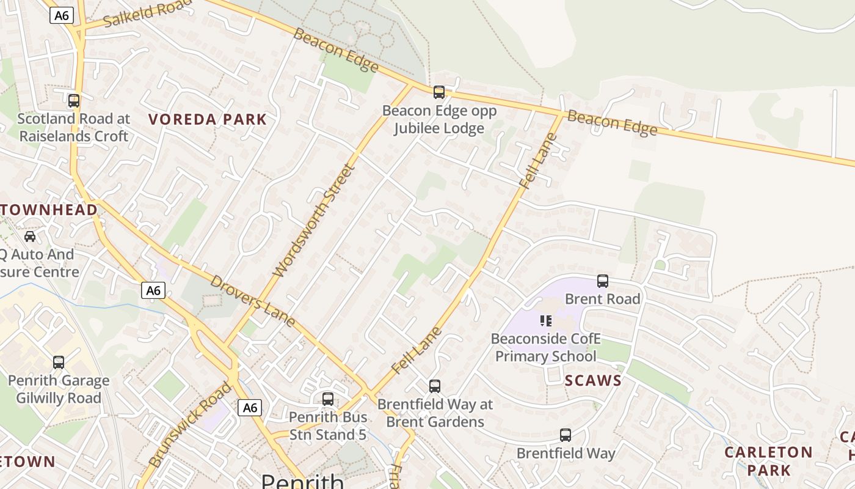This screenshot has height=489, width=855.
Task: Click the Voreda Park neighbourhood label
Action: click(208, 119)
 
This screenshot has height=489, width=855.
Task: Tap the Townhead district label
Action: click(49, 210)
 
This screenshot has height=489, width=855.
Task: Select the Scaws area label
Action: click(592, 381)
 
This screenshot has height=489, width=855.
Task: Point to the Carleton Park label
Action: click(768, 461)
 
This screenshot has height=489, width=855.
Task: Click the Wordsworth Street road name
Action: click(313, 221)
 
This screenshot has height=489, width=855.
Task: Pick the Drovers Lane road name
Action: click(253, 301)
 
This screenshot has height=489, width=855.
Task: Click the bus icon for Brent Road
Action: click(603, 281)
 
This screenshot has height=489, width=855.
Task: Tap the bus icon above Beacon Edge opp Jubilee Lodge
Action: click(439, 92)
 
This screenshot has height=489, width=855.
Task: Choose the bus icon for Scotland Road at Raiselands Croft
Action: click(74, 101)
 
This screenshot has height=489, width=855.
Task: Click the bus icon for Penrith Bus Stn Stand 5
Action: click(328, 399)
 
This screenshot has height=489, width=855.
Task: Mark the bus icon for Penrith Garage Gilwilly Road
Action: click(59, 362)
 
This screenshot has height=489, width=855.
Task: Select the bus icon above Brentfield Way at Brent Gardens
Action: click(435, 386)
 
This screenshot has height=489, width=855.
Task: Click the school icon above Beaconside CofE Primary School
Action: click(546, 321)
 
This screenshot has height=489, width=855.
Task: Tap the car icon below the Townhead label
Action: click(29, 237)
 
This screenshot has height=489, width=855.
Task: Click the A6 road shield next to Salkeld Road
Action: click(62, 15)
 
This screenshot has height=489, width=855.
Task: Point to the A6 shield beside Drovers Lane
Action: click(153, 290)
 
